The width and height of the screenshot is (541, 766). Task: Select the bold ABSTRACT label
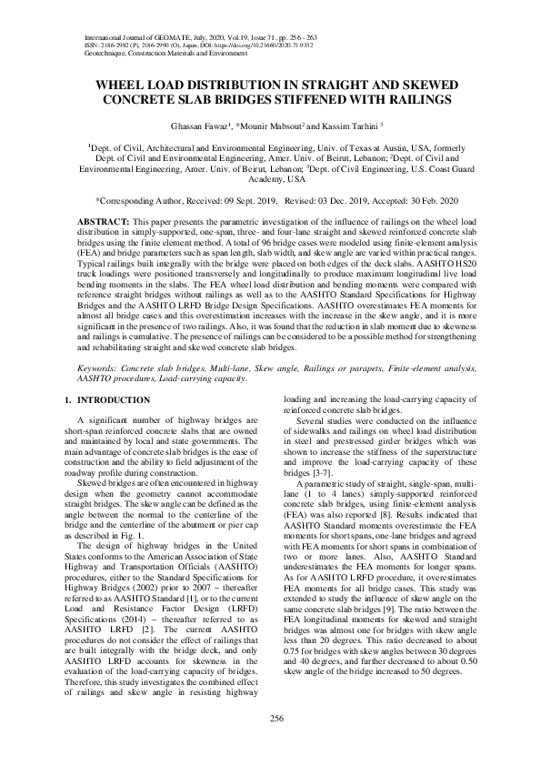pyautogui.click(x=102, y=221)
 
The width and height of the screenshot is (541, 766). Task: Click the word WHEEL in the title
pyautogui.click(x=123, y=84)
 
